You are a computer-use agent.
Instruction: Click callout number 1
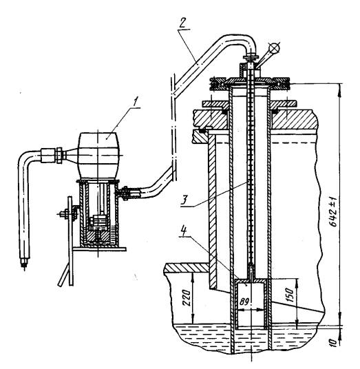point(135,102)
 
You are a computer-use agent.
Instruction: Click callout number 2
point(182,23)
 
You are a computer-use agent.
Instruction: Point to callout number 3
point(184,200)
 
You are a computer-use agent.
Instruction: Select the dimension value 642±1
point(334,211)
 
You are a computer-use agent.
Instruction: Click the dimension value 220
point(187,297)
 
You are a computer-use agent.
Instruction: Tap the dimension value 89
point(245,302)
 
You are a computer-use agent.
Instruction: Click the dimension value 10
point(334,342)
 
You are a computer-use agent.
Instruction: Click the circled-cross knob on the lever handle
point(275,48)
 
